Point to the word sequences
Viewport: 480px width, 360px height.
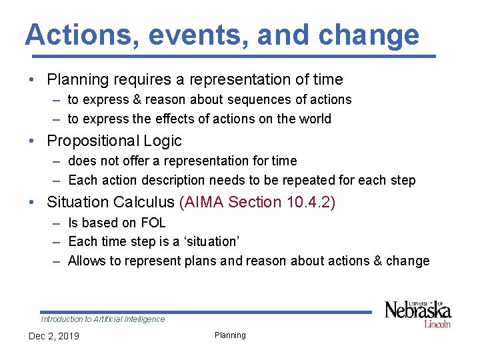click(220, 100)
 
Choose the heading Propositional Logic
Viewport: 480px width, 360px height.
click(114, 141)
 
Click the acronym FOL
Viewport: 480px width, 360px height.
click(153, 223)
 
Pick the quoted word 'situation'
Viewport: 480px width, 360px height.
click(209, 241)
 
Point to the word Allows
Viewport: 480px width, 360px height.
click(86, 261)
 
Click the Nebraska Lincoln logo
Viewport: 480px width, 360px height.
click(418, 313)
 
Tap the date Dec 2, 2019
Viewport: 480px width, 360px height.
click(53, 336)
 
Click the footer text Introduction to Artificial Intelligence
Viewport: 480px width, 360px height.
click(103, 319)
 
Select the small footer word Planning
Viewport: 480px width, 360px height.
click(230, 335)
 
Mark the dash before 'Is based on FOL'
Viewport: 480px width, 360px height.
click(57, 223)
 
